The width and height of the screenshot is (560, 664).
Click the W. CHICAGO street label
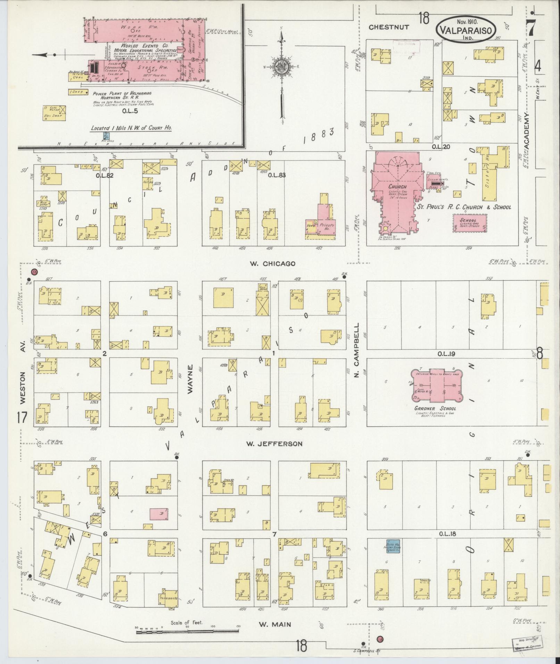coord(273,263)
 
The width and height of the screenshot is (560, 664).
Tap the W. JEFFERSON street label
coord(274,444)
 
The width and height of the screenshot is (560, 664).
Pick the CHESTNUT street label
coord(389,27)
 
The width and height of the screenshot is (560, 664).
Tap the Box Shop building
coord(54,113)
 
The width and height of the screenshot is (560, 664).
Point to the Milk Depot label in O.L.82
coord(44,203)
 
